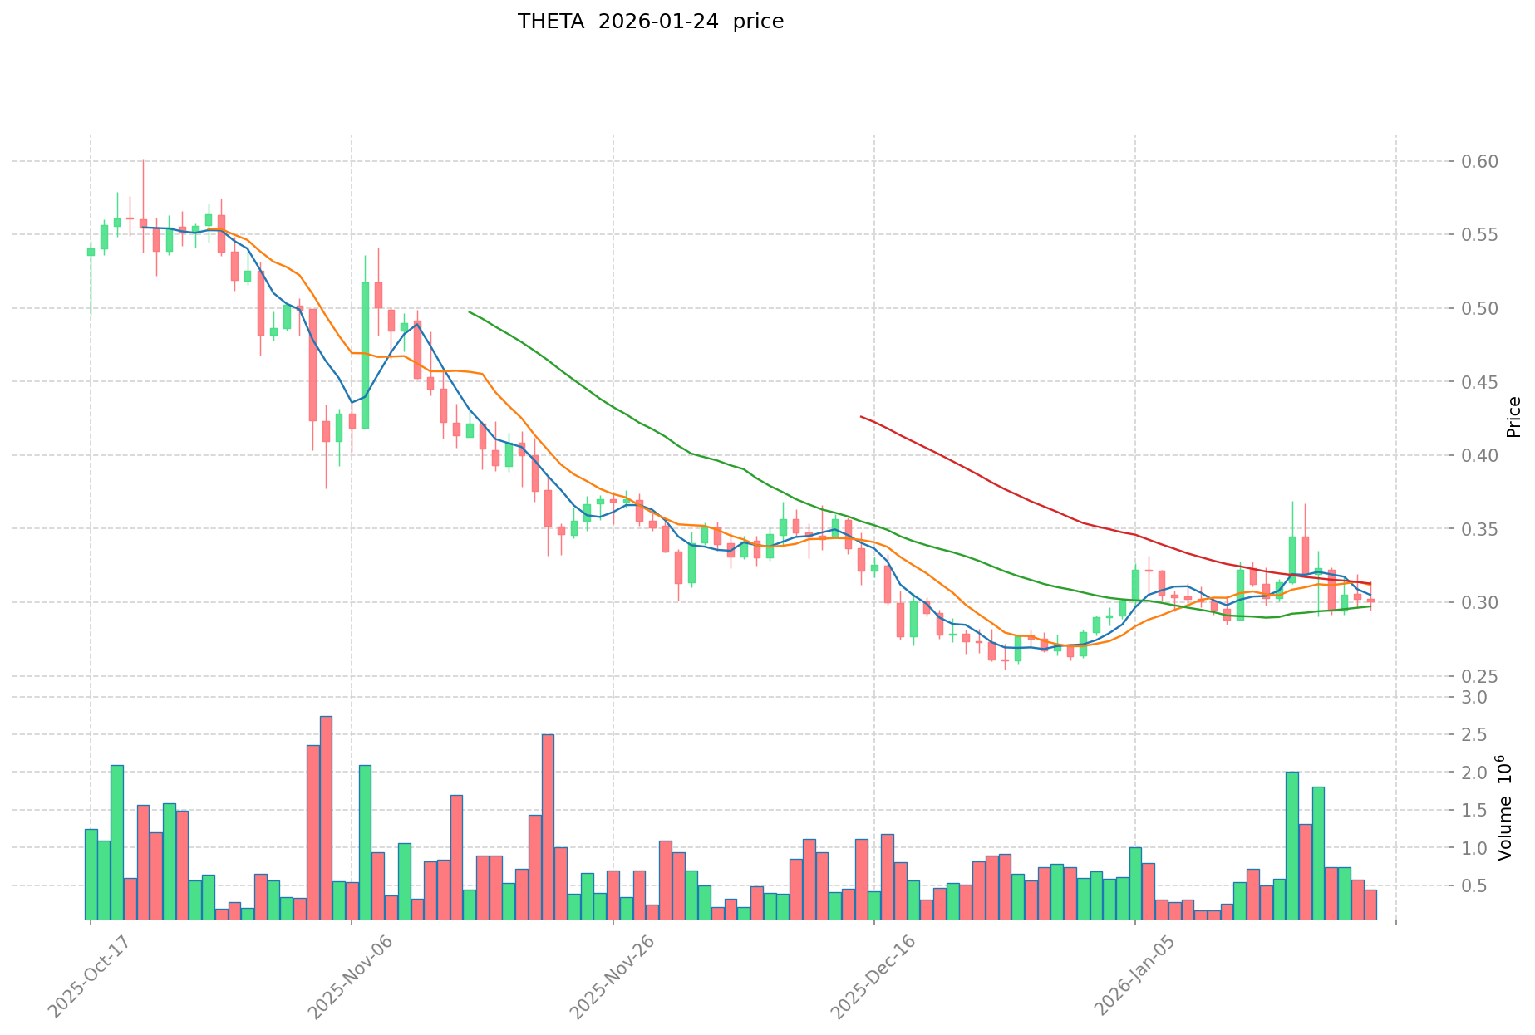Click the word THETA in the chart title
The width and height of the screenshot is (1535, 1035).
coord(544,22)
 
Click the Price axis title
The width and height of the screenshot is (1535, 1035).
coord(1513,417)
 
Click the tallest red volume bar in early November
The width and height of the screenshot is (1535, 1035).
coord(326,817)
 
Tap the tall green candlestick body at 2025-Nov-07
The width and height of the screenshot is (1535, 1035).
coord(365,356)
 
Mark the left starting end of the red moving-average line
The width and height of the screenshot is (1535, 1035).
coord(861,416)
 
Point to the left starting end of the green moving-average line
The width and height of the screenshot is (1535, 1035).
coord(470,311)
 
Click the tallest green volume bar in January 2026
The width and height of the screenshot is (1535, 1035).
coord(1292,846)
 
